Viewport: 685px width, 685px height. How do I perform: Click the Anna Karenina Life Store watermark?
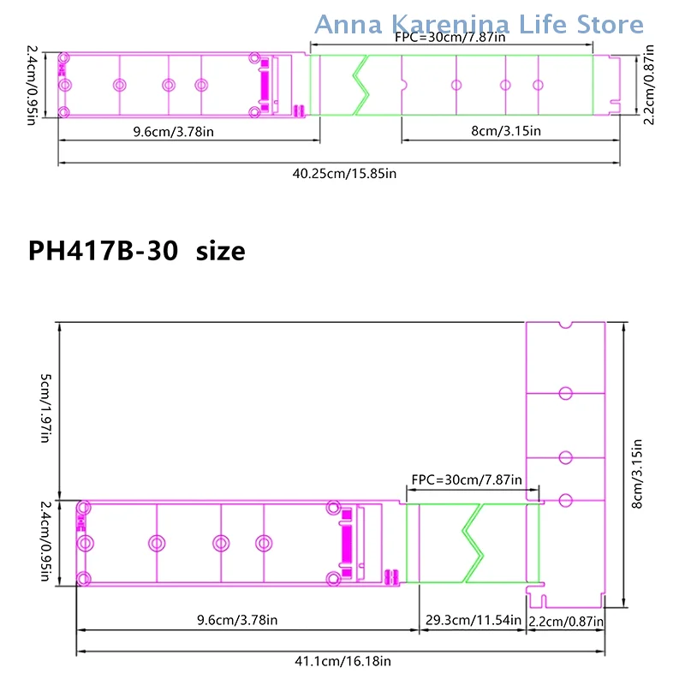pos(479,24)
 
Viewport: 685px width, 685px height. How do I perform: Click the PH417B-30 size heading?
pos(137,251)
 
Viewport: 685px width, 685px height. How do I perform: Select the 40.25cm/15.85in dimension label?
pos(344,174)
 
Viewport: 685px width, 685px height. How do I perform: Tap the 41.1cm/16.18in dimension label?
pos(342,661)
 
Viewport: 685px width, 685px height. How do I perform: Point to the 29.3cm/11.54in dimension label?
pos(474,620)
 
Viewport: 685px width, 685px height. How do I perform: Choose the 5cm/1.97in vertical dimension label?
pos(46,408)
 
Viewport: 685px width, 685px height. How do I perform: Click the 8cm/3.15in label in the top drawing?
pos(506,131)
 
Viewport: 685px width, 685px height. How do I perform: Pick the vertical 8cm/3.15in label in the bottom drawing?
pos(637,474)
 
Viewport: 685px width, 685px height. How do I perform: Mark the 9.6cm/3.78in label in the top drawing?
pos(174,132)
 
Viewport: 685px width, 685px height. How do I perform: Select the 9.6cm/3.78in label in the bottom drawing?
pos(237,620)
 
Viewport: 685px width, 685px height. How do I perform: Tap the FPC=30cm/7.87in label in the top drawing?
pos(450,38)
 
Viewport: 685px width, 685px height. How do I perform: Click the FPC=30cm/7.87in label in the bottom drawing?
pos(467,480)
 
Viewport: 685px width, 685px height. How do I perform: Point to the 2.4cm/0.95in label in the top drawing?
pos(32,85)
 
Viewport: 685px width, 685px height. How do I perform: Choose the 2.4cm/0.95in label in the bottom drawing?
pos(46,541)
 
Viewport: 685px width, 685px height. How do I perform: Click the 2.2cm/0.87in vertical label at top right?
pos(649,85)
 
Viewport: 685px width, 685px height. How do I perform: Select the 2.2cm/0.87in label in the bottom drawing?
pos(566,622)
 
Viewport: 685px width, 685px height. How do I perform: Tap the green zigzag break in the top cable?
pos(360,85)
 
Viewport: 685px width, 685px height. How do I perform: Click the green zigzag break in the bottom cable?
pos(473,543)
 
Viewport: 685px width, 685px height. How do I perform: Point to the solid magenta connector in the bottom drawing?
pos(347,543)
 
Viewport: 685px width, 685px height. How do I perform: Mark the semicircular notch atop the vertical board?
pos(565,325)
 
